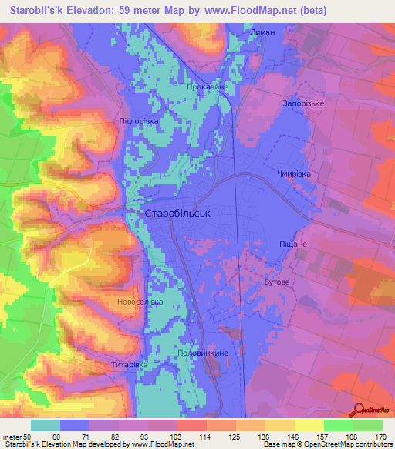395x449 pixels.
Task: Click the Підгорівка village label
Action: click(x=139, y=121)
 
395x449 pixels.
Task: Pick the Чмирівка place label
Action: click(x=294, y=174)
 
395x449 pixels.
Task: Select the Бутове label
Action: click(x=276, y=282)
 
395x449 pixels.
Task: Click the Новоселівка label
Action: click(x=140, y=302)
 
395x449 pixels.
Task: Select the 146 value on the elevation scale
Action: click(x=292, y=436)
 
